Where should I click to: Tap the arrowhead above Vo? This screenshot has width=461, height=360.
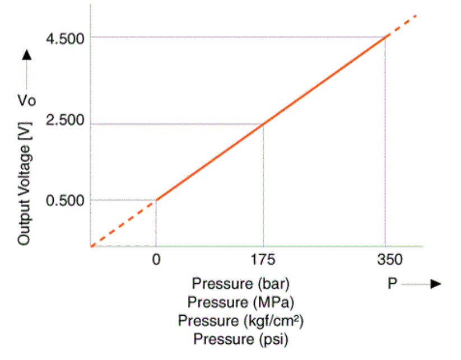pos(26,55)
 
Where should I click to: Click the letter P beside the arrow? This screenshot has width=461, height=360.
pos(392,284)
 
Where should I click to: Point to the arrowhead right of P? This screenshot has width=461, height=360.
pos(436,284)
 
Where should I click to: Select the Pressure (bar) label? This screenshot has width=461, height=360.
pos(241,283)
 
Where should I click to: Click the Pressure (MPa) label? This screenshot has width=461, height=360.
pos(241,302)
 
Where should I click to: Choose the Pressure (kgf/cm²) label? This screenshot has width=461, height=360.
pos(241,321)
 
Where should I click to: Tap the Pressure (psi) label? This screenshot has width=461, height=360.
pos(241,339)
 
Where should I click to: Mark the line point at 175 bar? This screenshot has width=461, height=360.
pos(263,124)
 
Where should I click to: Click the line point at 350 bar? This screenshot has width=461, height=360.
pos(385,38)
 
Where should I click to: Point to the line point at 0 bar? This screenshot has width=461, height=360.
pos(156,200)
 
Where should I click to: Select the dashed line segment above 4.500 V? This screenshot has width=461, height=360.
pos(402,25)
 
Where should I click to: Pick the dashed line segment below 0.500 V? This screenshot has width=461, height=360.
pos(122,223)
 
